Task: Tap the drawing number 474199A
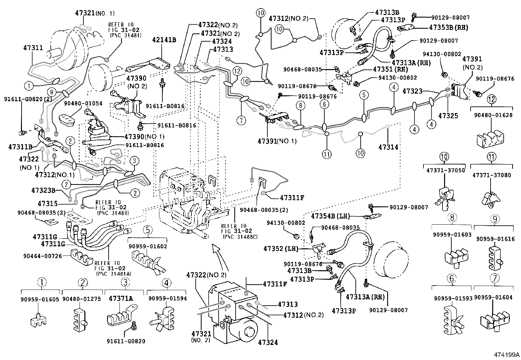[x=506, y=355]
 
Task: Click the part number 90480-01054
[x=83, y=104]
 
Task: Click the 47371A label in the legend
[x=121, y=298]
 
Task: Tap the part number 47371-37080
[x=491, y=175]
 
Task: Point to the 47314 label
[x=388, y=147]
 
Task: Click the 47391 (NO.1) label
[x=277, y=141]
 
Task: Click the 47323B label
[x=45, y=190]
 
